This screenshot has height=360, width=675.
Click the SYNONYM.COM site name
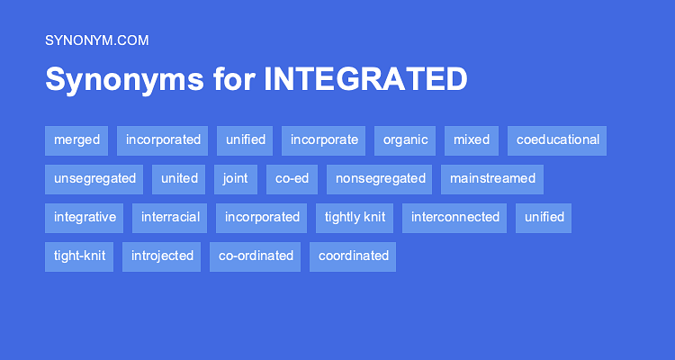(97, 40)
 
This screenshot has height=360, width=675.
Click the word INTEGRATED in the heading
(365, 79)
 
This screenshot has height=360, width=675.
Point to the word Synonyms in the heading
(124, 80)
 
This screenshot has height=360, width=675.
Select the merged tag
(76, 140)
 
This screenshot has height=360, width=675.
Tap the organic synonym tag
(405, 140)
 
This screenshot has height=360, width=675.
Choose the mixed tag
(472, 140)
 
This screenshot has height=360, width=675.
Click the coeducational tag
(557, 140)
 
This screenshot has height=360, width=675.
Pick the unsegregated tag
(94, 180)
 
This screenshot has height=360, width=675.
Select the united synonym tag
(179, 180)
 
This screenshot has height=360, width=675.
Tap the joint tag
(236, 180)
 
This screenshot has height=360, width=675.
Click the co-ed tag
(292, 180)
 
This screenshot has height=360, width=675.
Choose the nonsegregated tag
(379, 180)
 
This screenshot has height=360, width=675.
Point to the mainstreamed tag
(492, 180)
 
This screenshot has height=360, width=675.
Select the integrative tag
(85, 219)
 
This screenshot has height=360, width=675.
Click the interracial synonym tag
(169, 219)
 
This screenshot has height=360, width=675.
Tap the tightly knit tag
(355, 219)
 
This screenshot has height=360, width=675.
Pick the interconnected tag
(454, 219)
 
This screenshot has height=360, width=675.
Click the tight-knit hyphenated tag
(79, 257)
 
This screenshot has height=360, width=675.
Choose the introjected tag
(161, 257)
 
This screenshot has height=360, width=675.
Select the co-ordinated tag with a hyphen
(256, 257)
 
